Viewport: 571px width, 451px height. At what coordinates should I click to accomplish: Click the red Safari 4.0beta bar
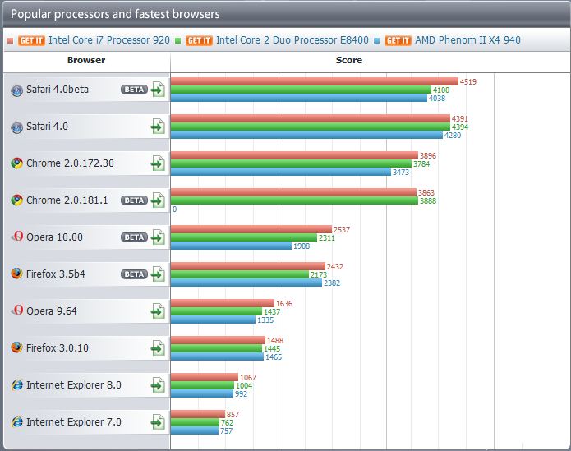pyautogui.click(x=314, y=81)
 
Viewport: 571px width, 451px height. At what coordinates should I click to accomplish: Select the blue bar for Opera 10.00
pyautogui.click(x=231, y=246)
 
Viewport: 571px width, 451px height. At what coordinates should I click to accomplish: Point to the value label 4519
pyautogui.click(x=468, y=81)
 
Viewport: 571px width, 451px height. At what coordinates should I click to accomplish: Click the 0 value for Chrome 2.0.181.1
pyautogui.click(x=174, y=209)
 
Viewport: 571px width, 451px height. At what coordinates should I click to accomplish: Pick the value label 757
pyautogui.click(x=227, y=430)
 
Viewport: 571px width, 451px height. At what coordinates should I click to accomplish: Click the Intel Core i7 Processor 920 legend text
pyautogui.click(x=109, y=39)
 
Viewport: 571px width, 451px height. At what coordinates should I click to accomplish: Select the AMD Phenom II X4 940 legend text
pyautogui.click(x=467, y=39)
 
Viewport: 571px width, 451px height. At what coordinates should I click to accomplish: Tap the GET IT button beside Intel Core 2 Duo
pyautogui.click(x=200, y=39)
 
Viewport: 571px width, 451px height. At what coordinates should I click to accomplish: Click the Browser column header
pyautogui.click(x=86, y=60)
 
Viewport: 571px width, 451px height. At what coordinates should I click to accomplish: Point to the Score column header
pyautogui.click(x=349, y=60)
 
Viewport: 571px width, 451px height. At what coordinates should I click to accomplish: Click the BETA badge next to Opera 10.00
pyautogui.click(x=134, y=237)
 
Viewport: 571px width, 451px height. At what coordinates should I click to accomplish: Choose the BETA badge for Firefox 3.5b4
pyautogui.click(x=134, y=274)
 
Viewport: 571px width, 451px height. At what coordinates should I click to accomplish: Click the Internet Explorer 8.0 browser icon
pyautogui.click(x=16, y=385)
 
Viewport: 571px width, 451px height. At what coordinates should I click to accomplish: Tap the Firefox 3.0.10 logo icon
pyautogui.click(x=16, y=348)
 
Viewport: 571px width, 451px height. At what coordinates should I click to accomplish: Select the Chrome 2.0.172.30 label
pyautogui.click(x=70, y=163)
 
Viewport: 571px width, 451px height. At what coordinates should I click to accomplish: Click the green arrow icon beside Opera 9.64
pyautogui.click(x=158, y=311)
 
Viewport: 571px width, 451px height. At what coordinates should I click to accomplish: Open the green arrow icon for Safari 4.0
pyautogui.click(x=158, y=127)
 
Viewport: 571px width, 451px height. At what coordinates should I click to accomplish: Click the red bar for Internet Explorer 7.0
pyautogui.click(x=197, y=414)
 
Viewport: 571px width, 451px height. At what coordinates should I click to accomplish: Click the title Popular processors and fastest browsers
pyautogui.click(x=115, y=15)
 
